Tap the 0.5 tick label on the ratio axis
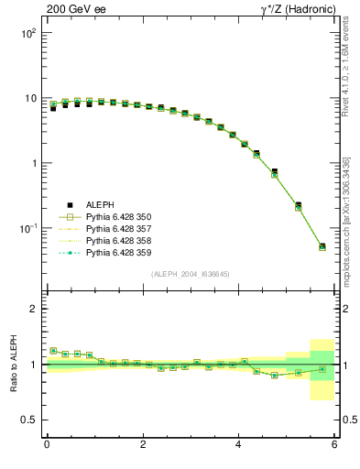coord(28,420)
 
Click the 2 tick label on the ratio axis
coord(32,309)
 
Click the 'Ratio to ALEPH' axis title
coord(12,365)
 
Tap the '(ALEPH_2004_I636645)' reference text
coord(191,273)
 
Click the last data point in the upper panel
coord(322,246)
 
